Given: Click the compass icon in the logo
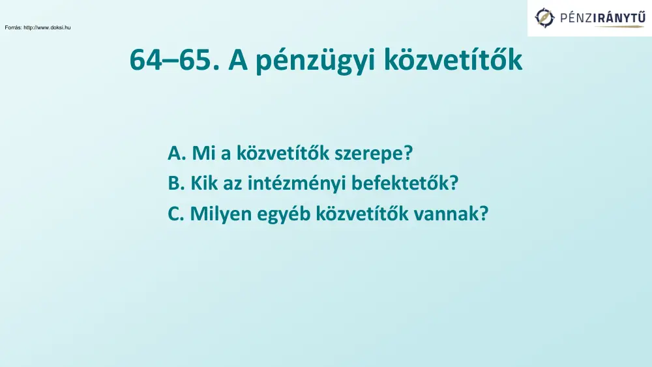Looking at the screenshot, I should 545,18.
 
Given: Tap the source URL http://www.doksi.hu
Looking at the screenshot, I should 47,27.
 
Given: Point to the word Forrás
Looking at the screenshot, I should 12,27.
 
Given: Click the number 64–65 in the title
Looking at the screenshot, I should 170,61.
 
